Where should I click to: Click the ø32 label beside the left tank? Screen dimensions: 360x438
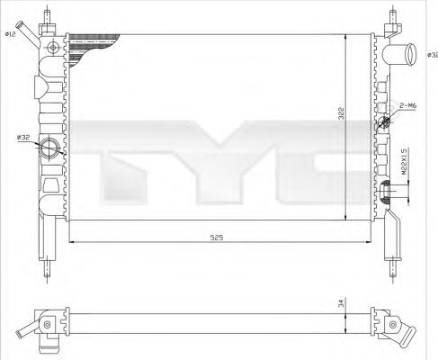click(23, 137)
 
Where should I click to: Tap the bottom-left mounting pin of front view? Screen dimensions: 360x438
click(49, 267)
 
